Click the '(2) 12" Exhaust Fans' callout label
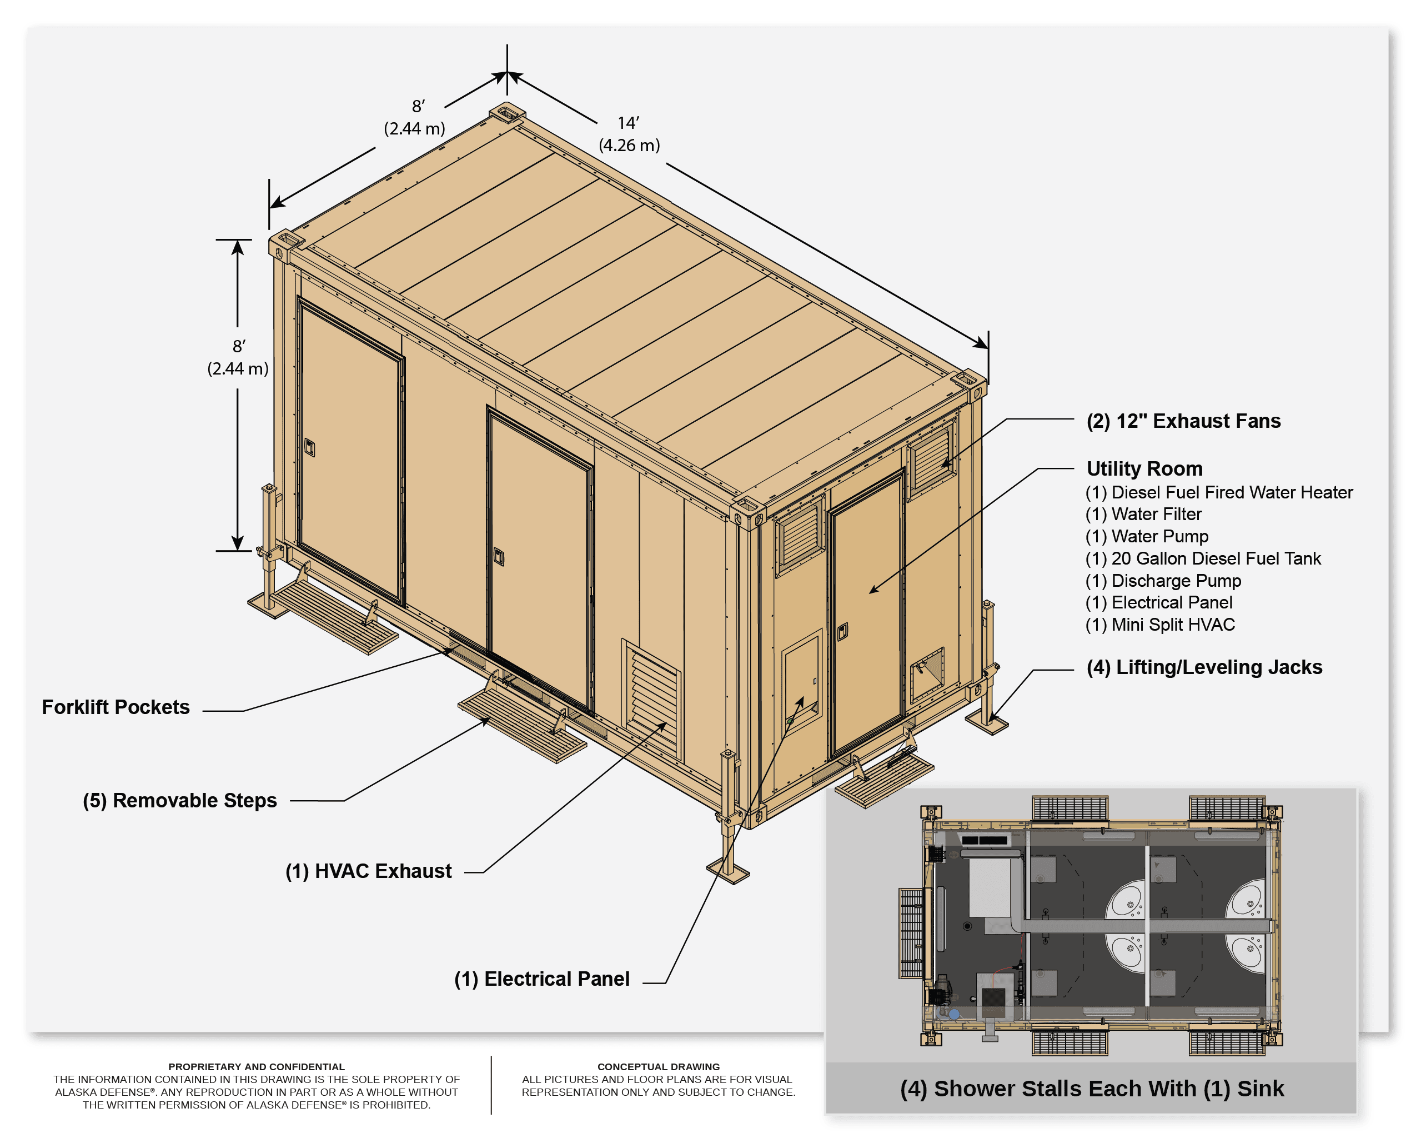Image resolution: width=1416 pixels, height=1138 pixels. point(1183,421)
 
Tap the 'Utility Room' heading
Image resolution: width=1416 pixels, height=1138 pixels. point(1144,468)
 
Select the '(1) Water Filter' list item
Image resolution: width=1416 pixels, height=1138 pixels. point(1143,514)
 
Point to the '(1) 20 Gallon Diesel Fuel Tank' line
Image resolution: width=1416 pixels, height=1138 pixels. point(1203,558)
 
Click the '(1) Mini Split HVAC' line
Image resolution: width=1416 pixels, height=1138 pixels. point(1160,625)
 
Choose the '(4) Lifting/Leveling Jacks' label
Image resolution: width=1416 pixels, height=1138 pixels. point(1204,667)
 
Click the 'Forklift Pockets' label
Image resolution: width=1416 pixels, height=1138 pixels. point(116,707)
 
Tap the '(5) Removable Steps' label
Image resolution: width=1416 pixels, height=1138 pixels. point(180,801)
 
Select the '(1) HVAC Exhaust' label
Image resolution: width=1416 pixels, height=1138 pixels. point(369,871)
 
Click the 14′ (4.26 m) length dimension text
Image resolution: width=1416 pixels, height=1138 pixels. point(629,134)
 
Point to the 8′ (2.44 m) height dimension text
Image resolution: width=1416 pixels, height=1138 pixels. point(238,357)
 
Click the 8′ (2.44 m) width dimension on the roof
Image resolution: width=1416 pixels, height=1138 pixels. point(414,117)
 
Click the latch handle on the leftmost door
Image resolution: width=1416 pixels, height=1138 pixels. point(310,447)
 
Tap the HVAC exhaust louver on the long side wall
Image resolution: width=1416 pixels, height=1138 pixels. point(652,698)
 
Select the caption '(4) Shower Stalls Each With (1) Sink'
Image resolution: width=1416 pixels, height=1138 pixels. point(1092,1089)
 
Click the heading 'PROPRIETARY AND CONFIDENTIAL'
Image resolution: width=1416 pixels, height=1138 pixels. point(256,1067)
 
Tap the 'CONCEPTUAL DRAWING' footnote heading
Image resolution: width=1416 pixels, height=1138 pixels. point(659,1067)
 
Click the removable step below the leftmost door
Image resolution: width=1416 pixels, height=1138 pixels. point(323,608)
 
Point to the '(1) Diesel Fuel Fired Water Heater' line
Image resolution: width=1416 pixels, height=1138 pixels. point(1219,492)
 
